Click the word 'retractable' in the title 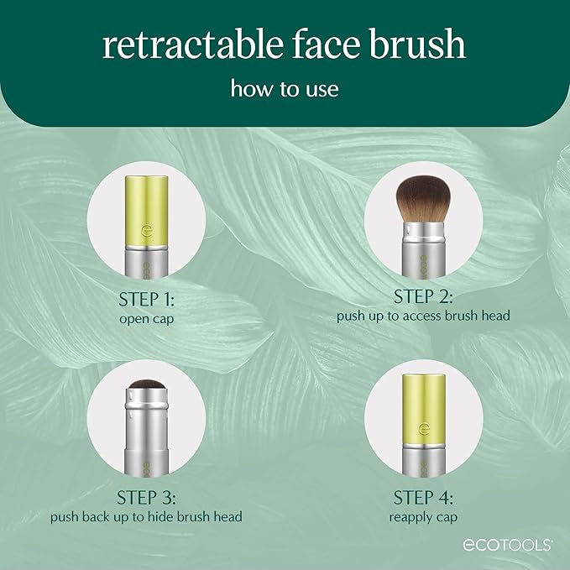[202, 45]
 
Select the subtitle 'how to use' [285, 89]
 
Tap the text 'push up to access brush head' [423, 316]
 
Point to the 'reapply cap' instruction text [423, 516]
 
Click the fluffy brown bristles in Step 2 [423, 199]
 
